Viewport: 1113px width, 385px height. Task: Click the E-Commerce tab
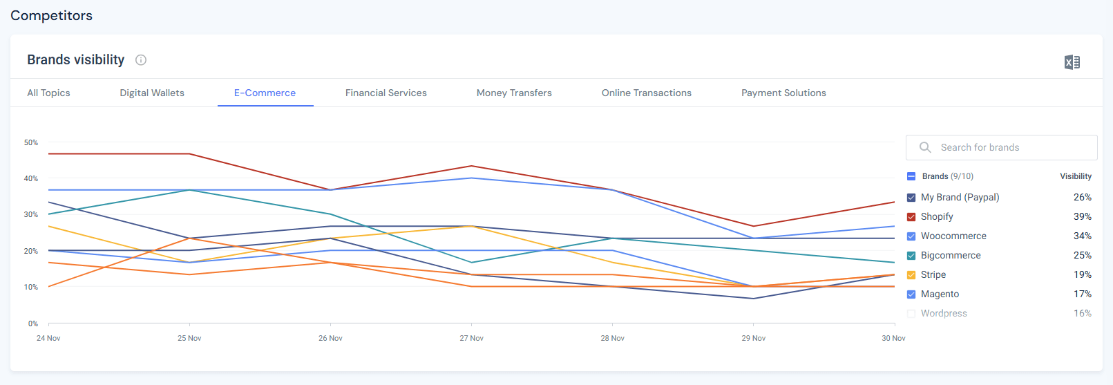(265, 93)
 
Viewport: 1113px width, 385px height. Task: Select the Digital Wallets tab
(152, 93)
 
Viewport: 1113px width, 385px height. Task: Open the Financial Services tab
(386, 93)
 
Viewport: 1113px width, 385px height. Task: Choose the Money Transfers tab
(514, 93)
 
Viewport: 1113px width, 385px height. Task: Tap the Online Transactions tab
(646, 93)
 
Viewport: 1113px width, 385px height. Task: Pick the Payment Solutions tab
(783, 93)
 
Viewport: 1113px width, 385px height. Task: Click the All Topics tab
(48, 93)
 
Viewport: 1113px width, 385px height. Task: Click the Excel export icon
(1072, 62)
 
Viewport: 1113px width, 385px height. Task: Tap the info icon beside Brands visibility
(141, 60)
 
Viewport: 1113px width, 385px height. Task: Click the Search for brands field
(1002, 147)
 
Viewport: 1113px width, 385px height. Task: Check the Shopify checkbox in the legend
(911, 217)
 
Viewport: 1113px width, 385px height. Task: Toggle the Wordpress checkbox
(911, 314)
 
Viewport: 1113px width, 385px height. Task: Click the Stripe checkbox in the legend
(911, 275)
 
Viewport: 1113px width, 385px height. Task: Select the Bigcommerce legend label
(951, 255)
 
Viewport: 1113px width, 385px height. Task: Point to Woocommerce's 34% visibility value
(1082, 236)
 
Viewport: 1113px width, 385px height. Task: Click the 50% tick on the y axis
(31, 142)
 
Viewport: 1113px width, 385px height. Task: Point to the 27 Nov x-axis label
(471, 338)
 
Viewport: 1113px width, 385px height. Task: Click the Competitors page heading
(52, 15)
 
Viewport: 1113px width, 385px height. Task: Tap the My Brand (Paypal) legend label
(960, 197)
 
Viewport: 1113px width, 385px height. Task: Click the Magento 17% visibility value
(1082, 294)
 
